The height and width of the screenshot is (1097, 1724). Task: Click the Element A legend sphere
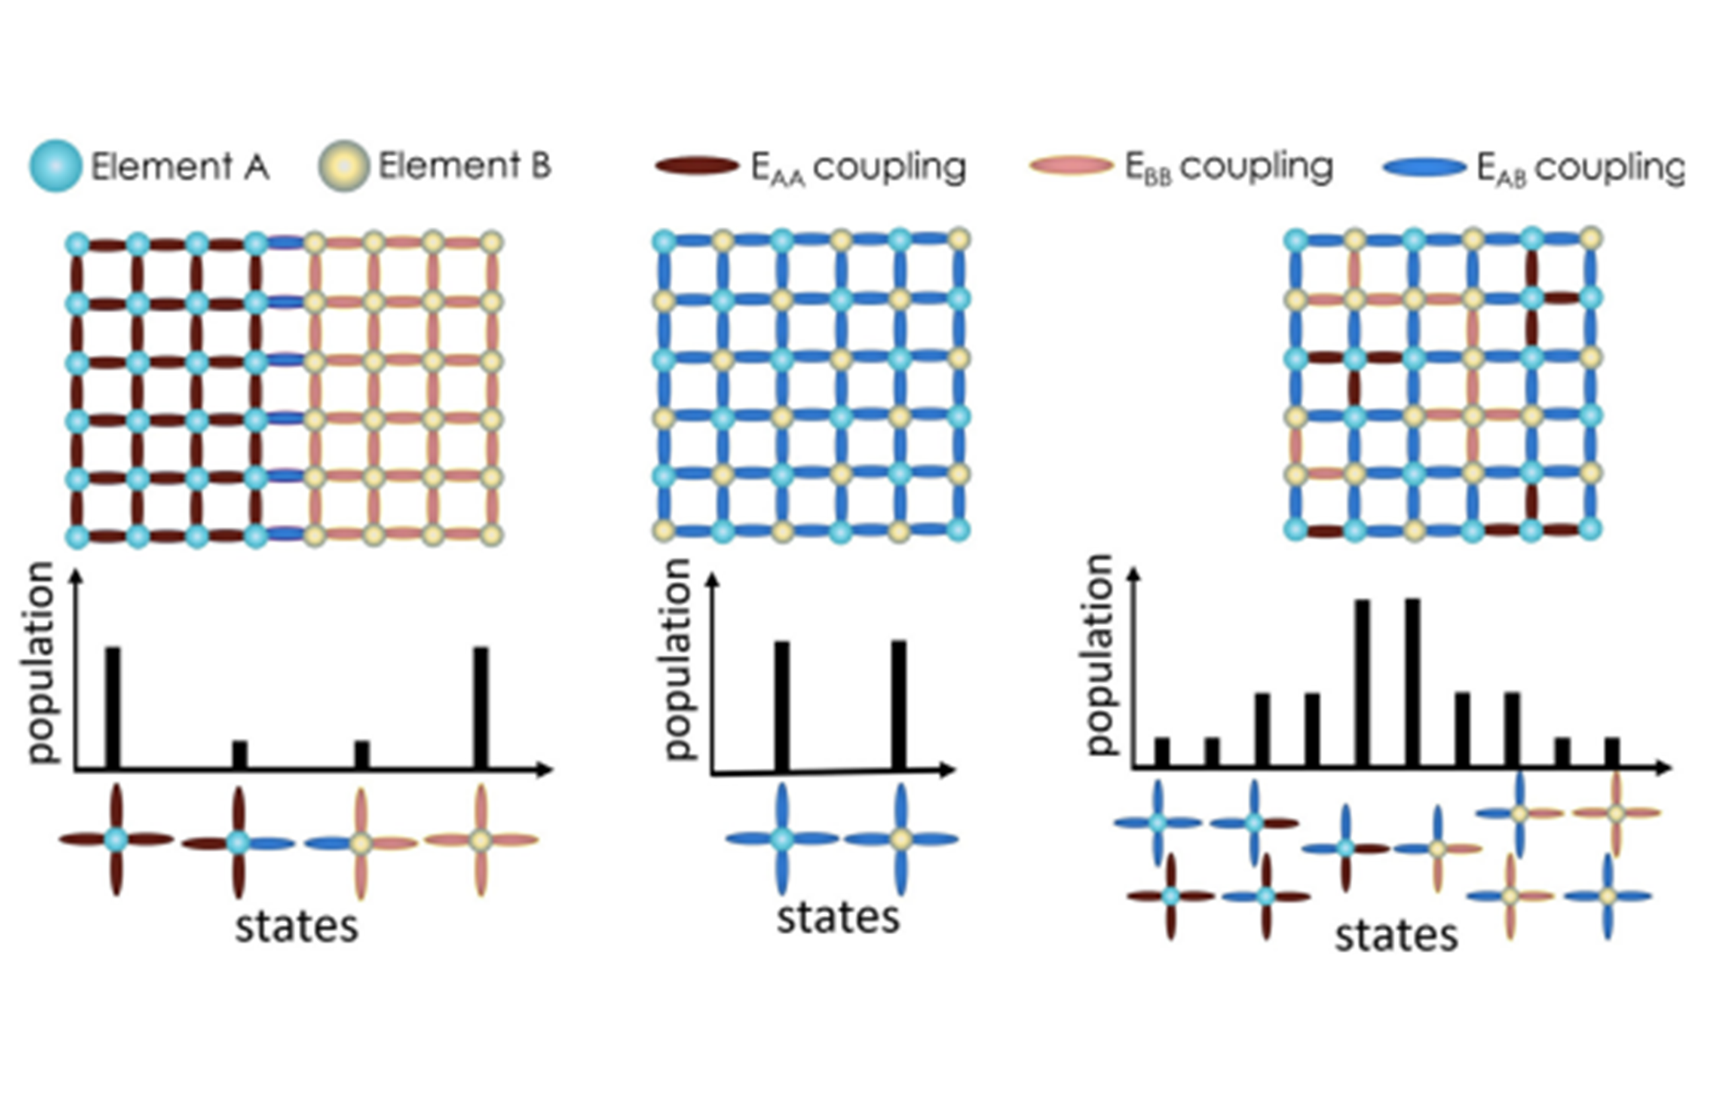pyautogui.click(x=55, y=166)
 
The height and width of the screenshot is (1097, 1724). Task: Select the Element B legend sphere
pyautogui.click(x=343, y=166)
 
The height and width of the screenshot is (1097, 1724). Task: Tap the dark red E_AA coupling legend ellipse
pyautogui.click(x=696, y=166)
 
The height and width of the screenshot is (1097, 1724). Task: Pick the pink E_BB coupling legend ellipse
pyautogui.click(x=1071, y=166)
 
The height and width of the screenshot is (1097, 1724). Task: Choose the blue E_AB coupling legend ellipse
pyautogui.click(x=1425, y=167)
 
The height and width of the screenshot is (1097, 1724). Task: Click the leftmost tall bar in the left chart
pyautogui.click(x=113, y=708)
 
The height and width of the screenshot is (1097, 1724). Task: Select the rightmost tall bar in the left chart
pyautogui.click(x=481, y=708)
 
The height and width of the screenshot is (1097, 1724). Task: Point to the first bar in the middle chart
pyautogui.click(x=782, y=706)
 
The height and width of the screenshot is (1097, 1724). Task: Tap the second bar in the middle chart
pyautogui.click(x=898, y=706)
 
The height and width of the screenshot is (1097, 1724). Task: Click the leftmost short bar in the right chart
pyautogui.click(x=1162, y=752)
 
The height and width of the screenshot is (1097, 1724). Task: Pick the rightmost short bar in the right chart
pyautogui.click(x=1612, y=752)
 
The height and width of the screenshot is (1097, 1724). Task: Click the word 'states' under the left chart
pyautogui.click(x=296, y=927)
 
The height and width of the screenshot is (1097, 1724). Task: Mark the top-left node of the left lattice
pyautogui.click(x=77, y=244)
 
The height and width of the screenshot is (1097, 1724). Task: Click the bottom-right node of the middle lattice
pyautogui.click(x=958, y=530)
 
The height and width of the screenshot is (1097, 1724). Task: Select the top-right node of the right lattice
pyautogui.click(x=1589, y=238)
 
